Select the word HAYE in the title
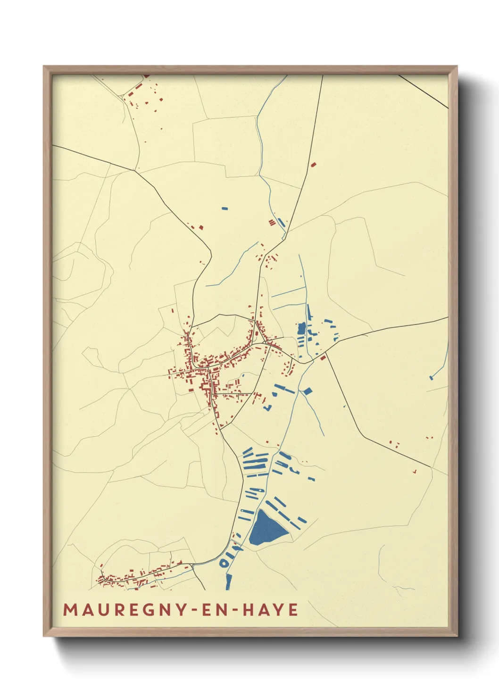[x=271, y=609]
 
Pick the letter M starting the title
[x=70, y=609]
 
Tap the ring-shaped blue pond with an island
[x=225, y=563]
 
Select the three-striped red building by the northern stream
[x=272, y=223]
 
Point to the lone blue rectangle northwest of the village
[x=225, y=208]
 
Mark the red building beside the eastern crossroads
[x=323, y=358]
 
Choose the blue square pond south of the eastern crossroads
[x=308, y=391]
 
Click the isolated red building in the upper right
[x=314, y=164]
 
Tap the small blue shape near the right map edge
[x=431, y=377]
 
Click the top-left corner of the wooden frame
[x=44, y=66]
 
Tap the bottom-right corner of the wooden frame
[x=457, y=636]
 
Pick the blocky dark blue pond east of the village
[x=301, y=328]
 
